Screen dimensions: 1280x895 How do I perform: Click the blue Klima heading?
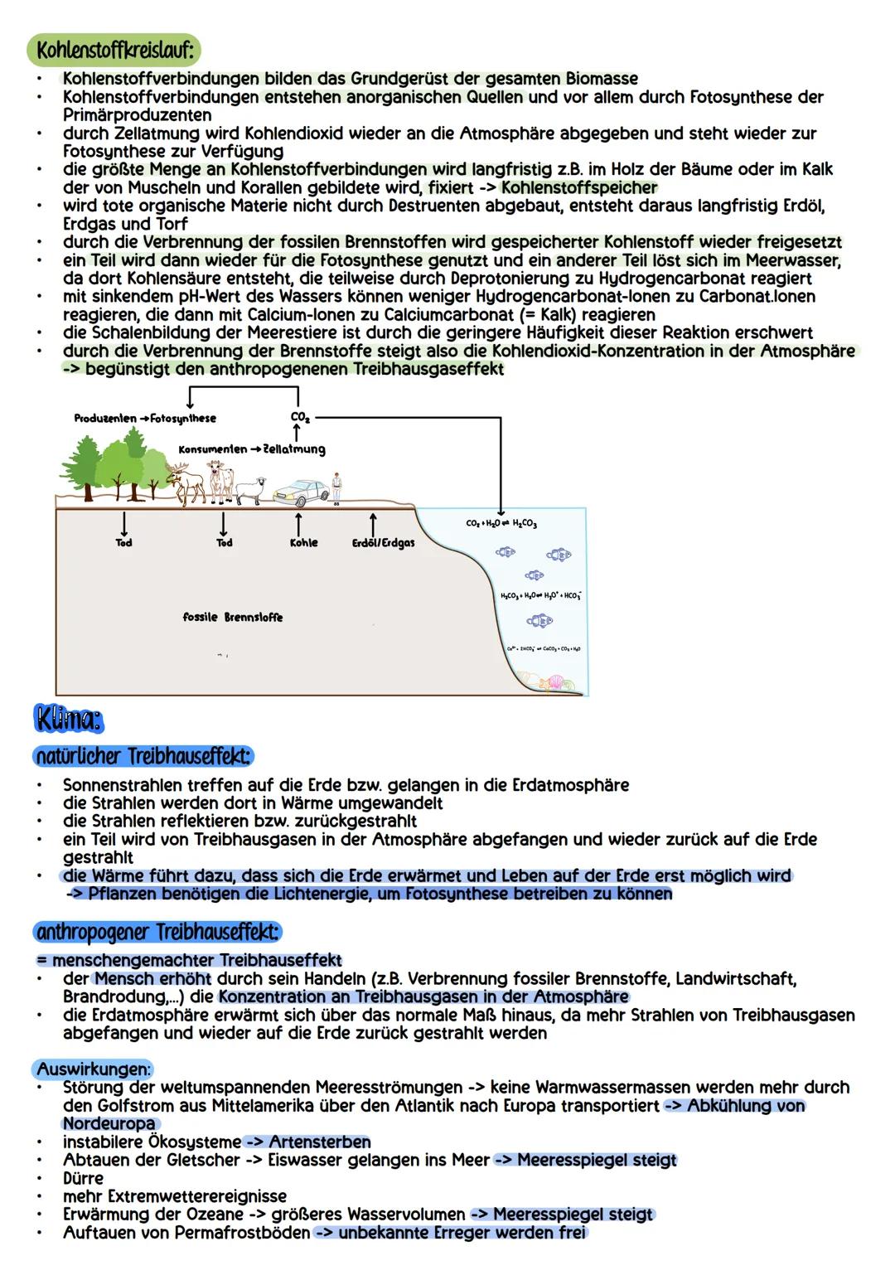click(70, 718)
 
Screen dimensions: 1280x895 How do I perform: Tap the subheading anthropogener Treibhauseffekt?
click(158, 932)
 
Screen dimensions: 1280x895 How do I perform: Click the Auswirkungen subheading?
click(94, 1068)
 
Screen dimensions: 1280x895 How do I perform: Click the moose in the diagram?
click(187, 484)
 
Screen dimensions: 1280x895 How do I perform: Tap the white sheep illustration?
click(250, 492)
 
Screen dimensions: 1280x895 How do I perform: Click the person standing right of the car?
click(336, 487)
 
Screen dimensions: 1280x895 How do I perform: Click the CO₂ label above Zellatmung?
click(300, 419)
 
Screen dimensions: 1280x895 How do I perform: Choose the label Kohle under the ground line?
click(303, 543)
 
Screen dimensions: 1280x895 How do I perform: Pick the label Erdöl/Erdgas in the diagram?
click(383, 543)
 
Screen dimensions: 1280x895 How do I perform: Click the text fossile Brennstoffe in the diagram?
click(232, 618)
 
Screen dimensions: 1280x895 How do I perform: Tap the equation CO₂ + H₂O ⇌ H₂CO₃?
click(501, 524)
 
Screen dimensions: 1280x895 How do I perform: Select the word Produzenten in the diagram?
click(105, 419)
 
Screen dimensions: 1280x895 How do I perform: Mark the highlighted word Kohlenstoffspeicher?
click(579, 187)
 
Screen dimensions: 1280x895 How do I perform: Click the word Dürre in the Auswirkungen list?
click(83, 1178)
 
